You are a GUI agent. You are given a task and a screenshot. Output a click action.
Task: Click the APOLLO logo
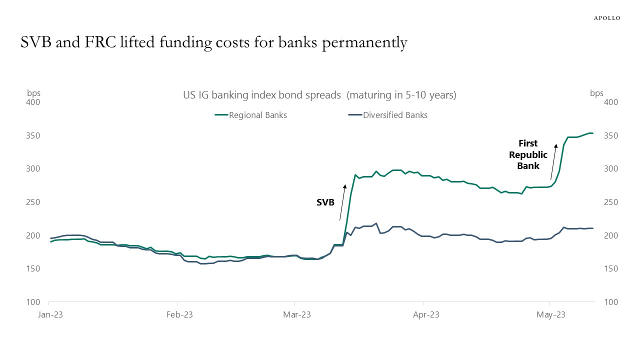pos(606,18)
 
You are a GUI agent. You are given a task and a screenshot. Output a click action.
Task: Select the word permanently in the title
pos(364,43)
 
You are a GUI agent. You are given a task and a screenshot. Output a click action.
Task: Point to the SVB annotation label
pos(325,203)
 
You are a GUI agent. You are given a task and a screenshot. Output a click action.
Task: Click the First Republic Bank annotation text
pos(528,154)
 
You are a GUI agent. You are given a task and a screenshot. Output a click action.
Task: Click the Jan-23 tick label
pos(49,315)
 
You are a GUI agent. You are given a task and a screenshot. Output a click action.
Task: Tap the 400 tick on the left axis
pos(33,102)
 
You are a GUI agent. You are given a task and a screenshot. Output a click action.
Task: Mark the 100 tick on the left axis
pos(33,302)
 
